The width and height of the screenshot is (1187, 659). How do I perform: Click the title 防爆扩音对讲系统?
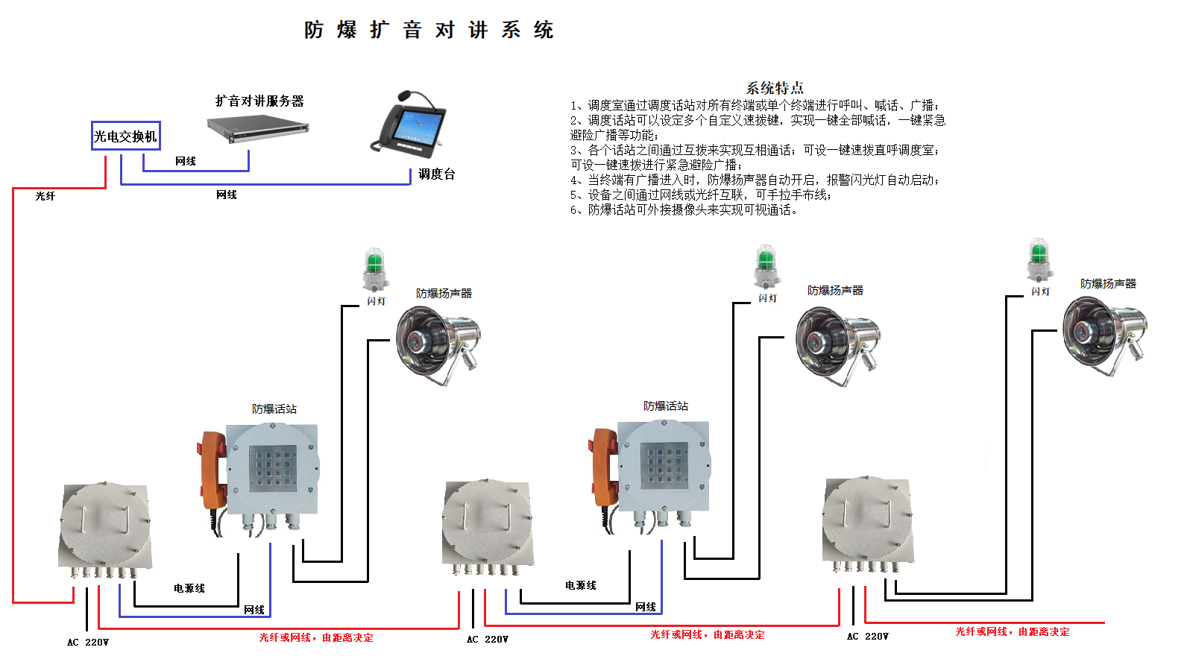coord(429,30)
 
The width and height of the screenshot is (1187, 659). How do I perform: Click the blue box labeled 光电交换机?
coord(125,136)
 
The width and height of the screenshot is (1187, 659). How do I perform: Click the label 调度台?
coord(436,174)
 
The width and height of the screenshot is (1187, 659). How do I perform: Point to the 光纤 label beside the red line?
coord(45,196)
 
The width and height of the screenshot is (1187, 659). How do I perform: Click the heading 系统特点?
coord(775,88)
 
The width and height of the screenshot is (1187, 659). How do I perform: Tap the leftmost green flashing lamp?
coord(375,270)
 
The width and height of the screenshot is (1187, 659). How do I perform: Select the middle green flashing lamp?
coord(766,267)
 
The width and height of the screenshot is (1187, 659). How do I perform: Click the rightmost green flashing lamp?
coord(1039,261)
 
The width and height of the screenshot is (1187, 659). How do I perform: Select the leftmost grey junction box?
coord(105,527)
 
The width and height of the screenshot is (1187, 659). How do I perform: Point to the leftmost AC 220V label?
coord(88,642)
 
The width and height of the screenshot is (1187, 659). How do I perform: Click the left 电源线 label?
coord(189,588)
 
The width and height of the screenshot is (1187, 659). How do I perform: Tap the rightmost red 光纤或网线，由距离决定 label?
coord(1012,631)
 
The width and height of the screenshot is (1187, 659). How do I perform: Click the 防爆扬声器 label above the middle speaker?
coord(835,290)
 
